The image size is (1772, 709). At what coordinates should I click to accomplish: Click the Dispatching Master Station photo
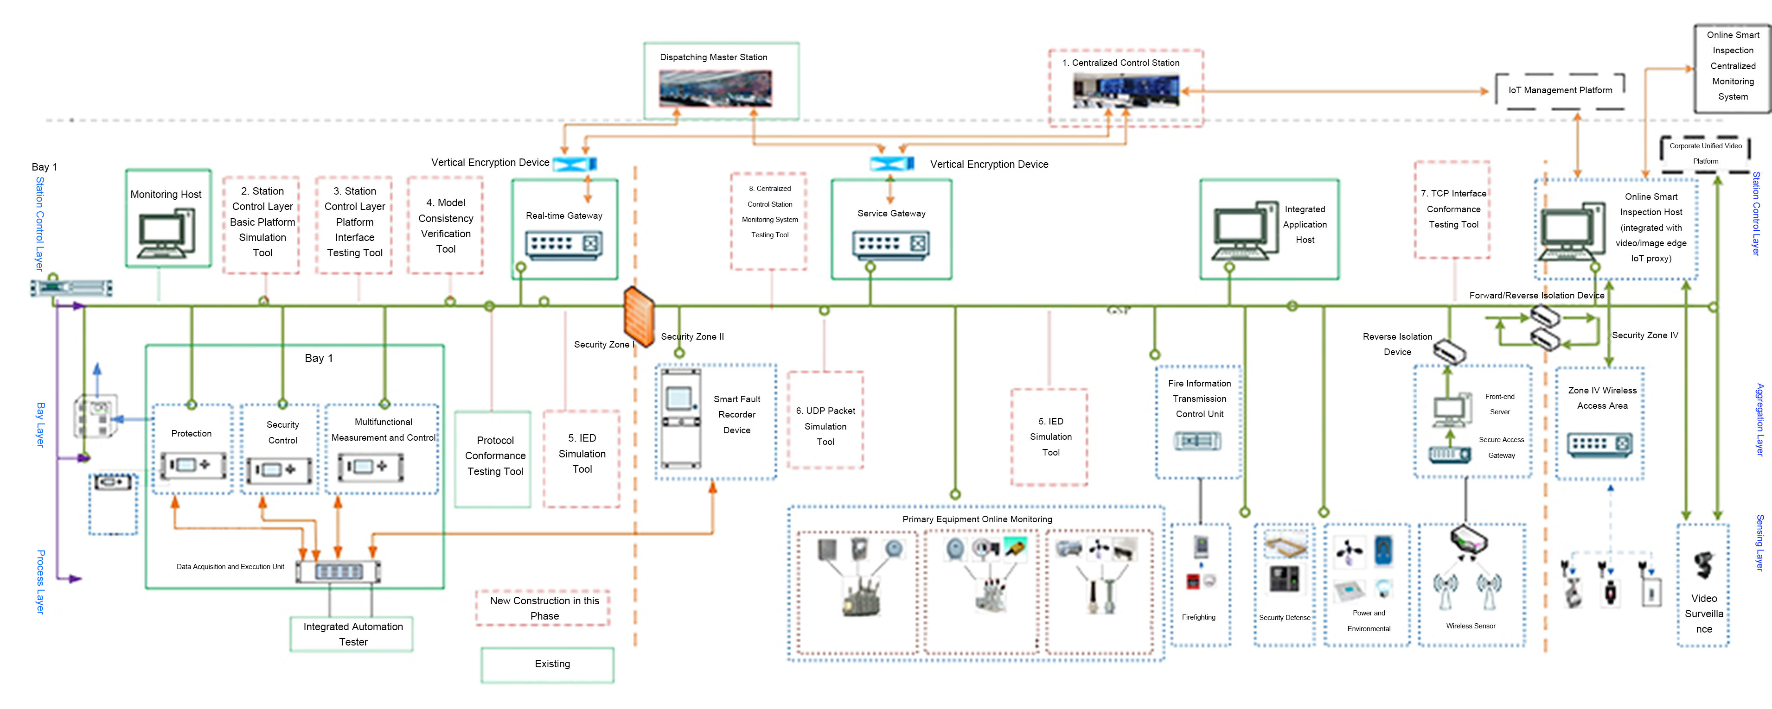tap(715, 89)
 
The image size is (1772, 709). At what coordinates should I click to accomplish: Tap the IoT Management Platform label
tap(1560, 90)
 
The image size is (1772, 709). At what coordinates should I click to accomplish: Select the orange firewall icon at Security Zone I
tap(639, 317)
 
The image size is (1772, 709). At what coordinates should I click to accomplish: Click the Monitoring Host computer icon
tap(166, 234)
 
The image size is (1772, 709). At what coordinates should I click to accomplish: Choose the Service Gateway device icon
tap(891, 243)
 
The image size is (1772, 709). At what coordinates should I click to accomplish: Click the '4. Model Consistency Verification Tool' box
tap(445, 226)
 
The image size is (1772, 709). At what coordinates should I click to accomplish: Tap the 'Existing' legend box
tap(548, 665)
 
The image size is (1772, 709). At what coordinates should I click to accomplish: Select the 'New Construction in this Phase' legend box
tap(544, 608)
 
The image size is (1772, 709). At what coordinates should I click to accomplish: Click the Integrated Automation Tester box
tap(352, 634)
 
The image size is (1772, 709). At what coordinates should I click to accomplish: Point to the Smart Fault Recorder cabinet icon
tap(680, 418)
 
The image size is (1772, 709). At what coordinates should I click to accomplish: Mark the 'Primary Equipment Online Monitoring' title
tap(977, 519)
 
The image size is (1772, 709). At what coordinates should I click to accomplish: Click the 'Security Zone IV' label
tap(1645, 336)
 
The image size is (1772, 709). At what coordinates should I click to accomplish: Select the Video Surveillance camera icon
tap(1703, 565)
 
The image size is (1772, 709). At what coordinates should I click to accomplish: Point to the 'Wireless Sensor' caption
tap(1470, 626)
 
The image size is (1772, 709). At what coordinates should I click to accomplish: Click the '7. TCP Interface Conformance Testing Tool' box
tap(1453, 210)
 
